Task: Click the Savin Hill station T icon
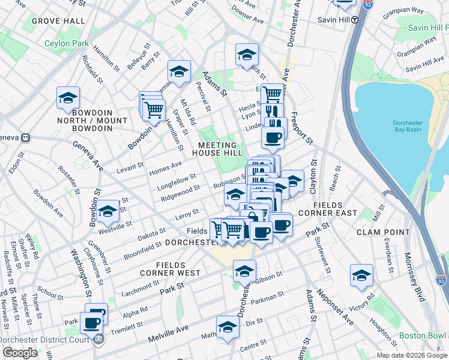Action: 355,19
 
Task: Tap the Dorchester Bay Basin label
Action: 408,127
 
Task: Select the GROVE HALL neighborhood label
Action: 58,21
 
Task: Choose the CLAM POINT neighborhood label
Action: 382,231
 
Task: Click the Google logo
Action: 19,353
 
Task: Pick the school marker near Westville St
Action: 109,211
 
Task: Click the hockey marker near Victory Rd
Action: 361,275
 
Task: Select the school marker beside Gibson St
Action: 244,272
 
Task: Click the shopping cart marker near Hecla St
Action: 272,94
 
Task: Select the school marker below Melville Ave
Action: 228,328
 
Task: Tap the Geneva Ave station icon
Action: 25,137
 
